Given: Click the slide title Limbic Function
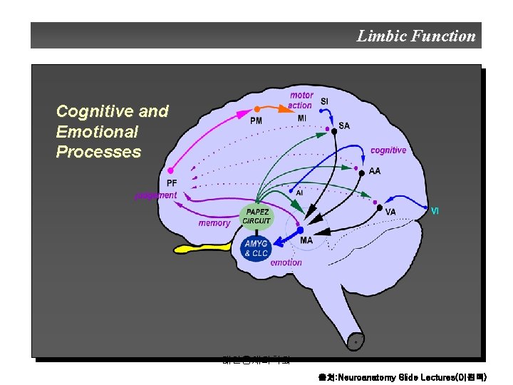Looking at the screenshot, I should (x=415, y=36).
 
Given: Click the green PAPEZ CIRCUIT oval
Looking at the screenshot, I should (x=256, y=216).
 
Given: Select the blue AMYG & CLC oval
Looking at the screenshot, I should (x=256, y=248).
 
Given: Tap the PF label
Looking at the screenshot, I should (x=172, y=183).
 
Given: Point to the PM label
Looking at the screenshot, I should (x=256, y=120).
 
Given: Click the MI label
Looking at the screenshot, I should (x=302, y=118).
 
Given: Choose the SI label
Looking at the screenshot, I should (x=324, y=101).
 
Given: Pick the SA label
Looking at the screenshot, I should (x=344, y=125).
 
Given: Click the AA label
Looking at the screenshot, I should (x=374, y=171).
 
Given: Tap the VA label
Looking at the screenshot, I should (x=390, y=212).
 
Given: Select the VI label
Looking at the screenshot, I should (x=435, y=210).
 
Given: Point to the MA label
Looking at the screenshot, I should (x=306, y=240).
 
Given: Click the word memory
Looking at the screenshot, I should (x=214, y=223).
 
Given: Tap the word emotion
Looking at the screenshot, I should (x=286, y=262).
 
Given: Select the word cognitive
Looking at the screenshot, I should (x=388, y=150).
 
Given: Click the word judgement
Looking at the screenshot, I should (x=156, y=195).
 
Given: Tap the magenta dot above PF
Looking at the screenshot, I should (x=170, y=171).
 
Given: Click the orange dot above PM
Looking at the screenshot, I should (x=257, y=109).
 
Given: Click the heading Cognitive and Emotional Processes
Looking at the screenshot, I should (x=112, y=131).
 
